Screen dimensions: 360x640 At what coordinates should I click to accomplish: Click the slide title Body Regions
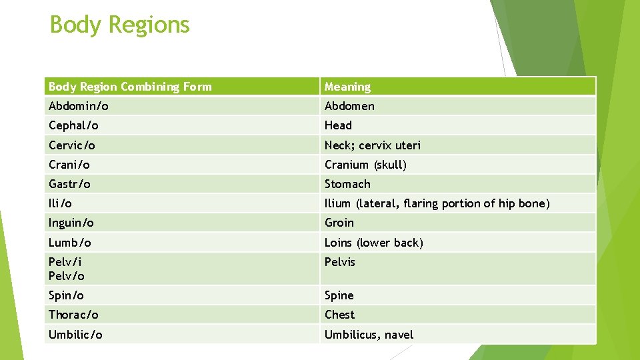point(120,25)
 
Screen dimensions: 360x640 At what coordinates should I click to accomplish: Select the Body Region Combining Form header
point(130,87)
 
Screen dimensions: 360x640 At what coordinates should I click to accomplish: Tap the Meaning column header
point(347,87)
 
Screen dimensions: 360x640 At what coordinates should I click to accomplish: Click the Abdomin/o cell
point(79,106)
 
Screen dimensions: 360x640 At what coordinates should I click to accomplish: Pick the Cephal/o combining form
point(73,125)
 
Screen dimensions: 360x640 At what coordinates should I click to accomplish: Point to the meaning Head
point(338,125)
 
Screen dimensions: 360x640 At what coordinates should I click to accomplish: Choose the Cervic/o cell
point(72,145)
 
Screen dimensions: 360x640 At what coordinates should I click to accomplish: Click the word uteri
point(407,145)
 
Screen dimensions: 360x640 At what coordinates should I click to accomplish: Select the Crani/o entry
point(69,165)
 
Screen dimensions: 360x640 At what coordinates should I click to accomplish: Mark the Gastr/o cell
point(69,184)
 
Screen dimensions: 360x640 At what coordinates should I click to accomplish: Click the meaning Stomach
point(347,184)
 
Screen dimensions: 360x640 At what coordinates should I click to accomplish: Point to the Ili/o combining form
point(60,203)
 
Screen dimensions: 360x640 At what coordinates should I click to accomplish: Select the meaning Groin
point(339,223)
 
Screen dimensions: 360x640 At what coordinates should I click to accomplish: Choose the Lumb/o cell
point(70,243)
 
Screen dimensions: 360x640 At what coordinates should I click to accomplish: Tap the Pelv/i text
point(66,262)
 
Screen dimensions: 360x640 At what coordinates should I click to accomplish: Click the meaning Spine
point(339,295)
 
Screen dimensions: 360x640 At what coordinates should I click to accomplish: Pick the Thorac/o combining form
point(73,315)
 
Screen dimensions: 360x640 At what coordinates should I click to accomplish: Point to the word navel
point(398,335)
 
